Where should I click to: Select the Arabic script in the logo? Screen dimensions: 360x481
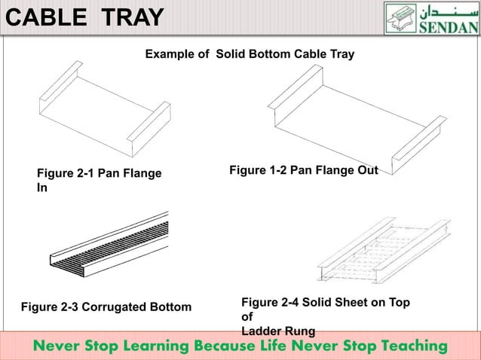[x=448, y=12]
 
